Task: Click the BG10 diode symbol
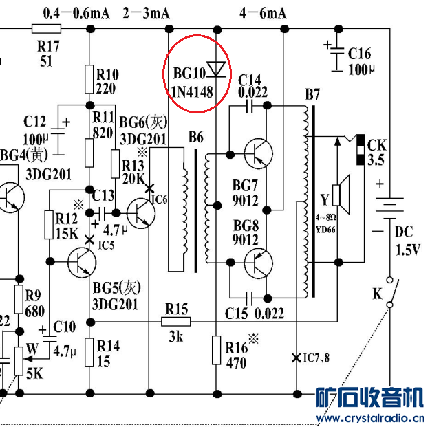click(216, 69)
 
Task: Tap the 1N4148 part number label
click(192, 92)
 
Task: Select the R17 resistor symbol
click(46, 29)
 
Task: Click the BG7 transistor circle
click(258, 153)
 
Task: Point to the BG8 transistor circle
click(258, 263)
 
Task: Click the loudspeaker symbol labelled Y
click(341, 195)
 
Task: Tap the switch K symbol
click(393, 292)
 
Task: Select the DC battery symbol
click(389, 208)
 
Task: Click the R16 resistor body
click(216, 350)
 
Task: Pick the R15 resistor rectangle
click(176, 322)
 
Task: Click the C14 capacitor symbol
click(250, 106)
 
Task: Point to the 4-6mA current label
click(263, 13)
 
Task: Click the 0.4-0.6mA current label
click(76, 13)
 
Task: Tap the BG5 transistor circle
click(82, 263)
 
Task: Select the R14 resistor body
click(89, 352)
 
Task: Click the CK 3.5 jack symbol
click(361, 150)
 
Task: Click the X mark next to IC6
click(149, 188)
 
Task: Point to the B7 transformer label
click(312, 94)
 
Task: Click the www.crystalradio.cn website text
click(371, 419)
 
